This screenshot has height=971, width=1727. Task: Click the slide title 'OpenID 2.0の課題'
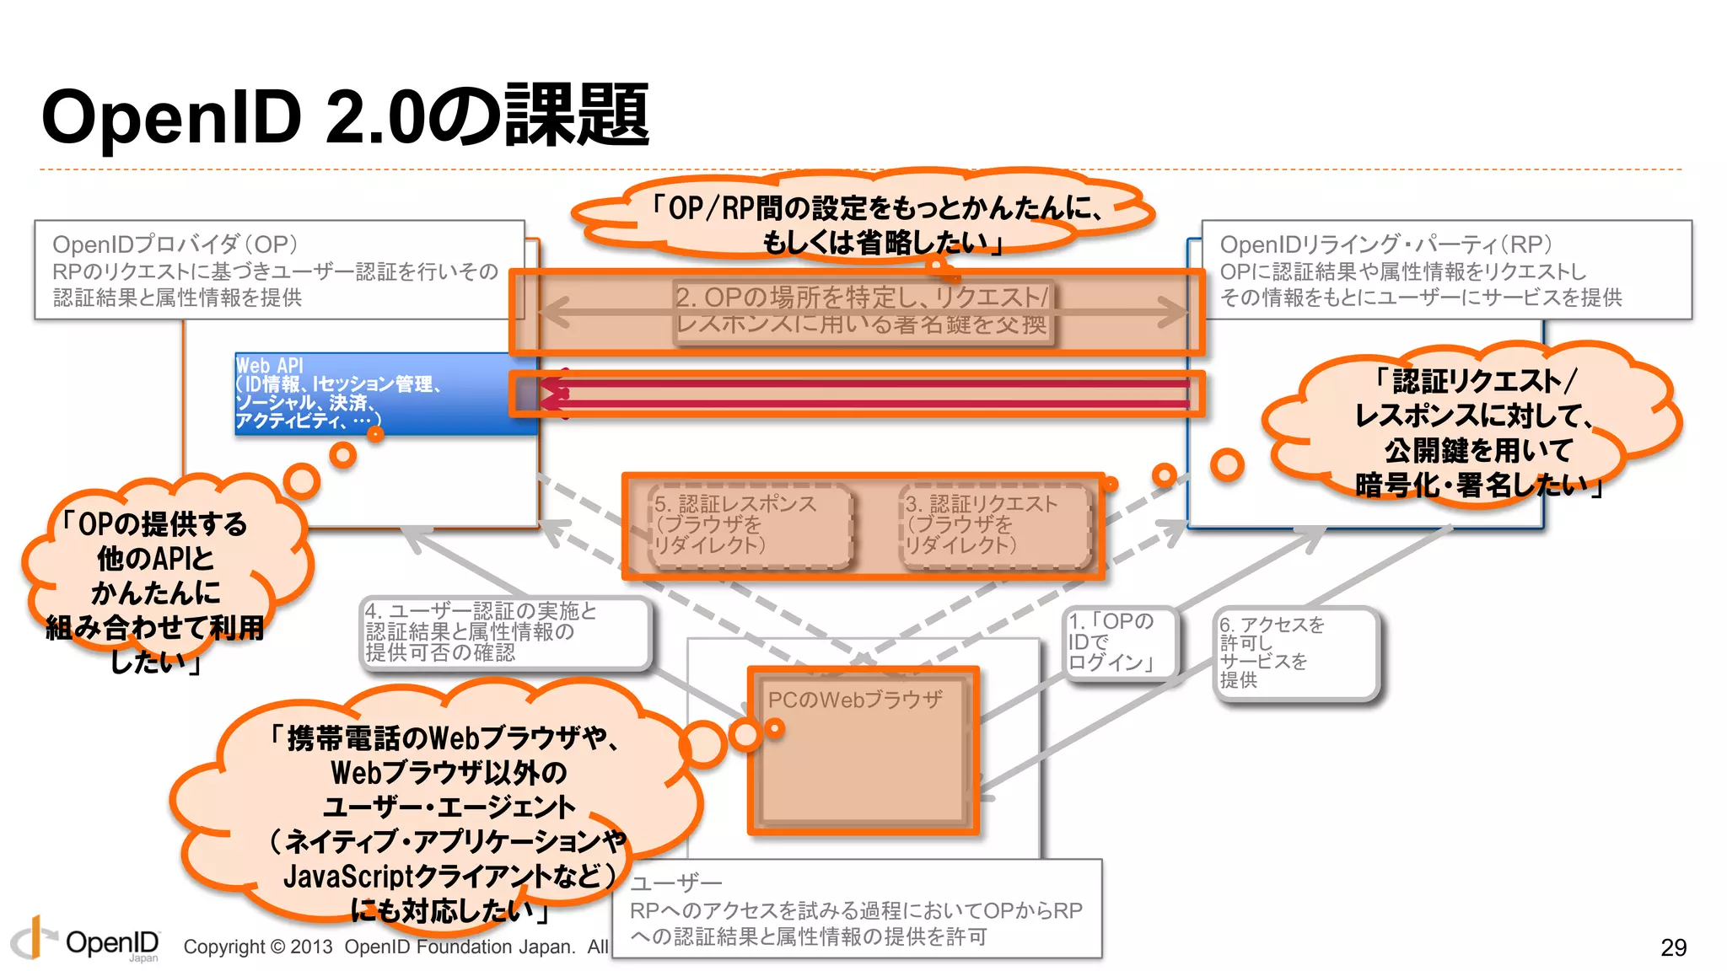pyautogui.click(x=345, y=116)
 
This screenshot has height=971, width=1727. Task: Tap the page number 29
pyautogui.click(x=1673, y=947)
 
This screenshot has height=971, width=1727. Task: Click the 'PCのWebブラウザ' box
pyautogui.click(x=863, y=750)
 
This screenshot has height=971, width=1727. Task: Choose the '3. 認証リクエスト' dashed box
pyautogui.click(x=995, y=525)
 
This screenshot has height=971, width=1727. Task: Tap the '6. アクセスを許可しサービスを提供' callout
pyautogui.click(x=1295, y=652)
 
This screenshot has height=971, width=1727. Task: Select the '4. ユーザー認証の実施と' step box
pyautogui.click(x=504, y=632)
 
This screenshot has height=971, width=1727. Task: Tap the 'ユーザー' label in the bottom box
pyautogui.click(x=676, y=882)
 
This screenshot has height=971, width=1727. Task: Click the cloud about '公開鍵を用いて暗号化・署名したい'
pyautogui.click(x=1476, y=432)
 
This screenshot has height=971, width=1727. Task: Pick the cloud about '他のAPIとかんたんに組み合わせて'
pyautogui.click(x=156, y=590)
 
